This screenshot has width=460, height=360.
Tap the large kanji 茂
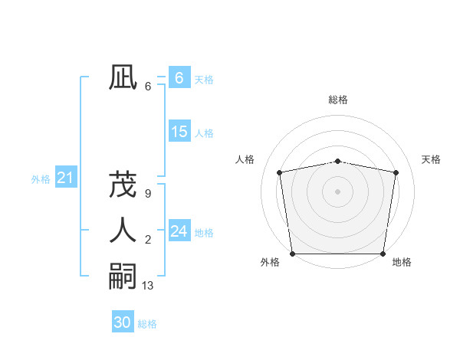[x=122, y=185]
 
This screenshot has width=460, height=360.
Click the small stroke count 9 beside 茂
[x=147, y=194]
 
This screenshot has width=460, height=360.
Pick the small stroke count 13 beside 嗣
[x=148, y=286]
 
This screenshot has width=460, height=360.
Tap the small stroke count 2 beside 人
[x=147, y=241]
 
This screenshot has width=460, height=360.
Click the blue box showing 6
[x=179, y=78]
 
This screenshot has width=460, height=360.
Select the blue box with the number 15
[x=179, y=132]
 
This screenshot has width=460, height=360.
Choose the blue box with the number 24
[x=179, y=231]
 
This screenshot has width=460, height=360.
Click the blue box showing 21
[x=65, y=178]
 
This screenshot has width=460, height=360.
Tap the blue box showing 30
[x=122, y=322]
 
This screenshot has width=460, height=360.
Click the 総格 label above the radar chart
[x=337, y=100]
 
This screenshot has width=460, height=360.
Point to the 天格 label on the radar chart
[x=431, y=159]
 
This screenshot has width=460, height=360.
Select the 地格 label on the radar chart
[x=402, y=263]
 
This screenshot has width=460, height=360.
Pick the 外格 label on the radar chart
[x=270, y=263]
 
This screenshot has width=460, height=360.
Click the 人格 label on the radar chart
[x=245, y=159]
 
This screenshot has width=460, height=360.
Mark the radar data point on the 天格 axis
[x=396, y=172]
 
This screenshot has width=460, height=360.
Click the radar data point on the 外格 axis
[x=292, y=254]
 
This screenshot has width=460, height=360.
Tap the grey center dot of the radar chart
[x=337, y=191]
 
